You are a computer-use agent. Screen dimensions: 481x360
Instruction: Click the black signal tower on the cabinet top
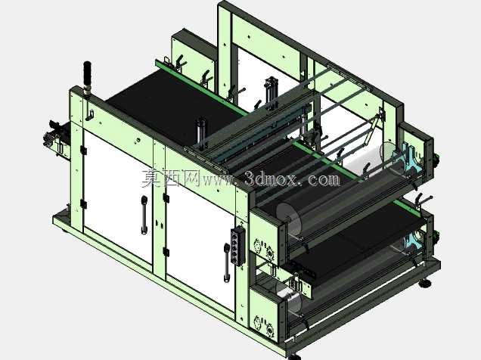click(x=88, y=78)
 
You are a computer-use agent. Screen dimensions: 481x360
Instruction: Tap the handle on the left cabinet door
click(x=144, y=215)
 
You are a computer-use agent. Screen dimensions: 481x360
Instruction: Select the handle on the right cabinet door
click(x=226, y=262)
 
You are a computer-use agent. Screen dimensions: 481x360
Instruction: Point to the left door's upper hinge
click(x=83, y=151)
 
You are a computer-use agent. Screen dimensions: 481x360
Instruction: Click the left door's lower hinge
click(x=82, y=204)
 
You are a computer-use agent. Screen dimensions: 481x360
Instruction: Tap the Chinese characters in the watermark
click(x=171, y=178)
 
